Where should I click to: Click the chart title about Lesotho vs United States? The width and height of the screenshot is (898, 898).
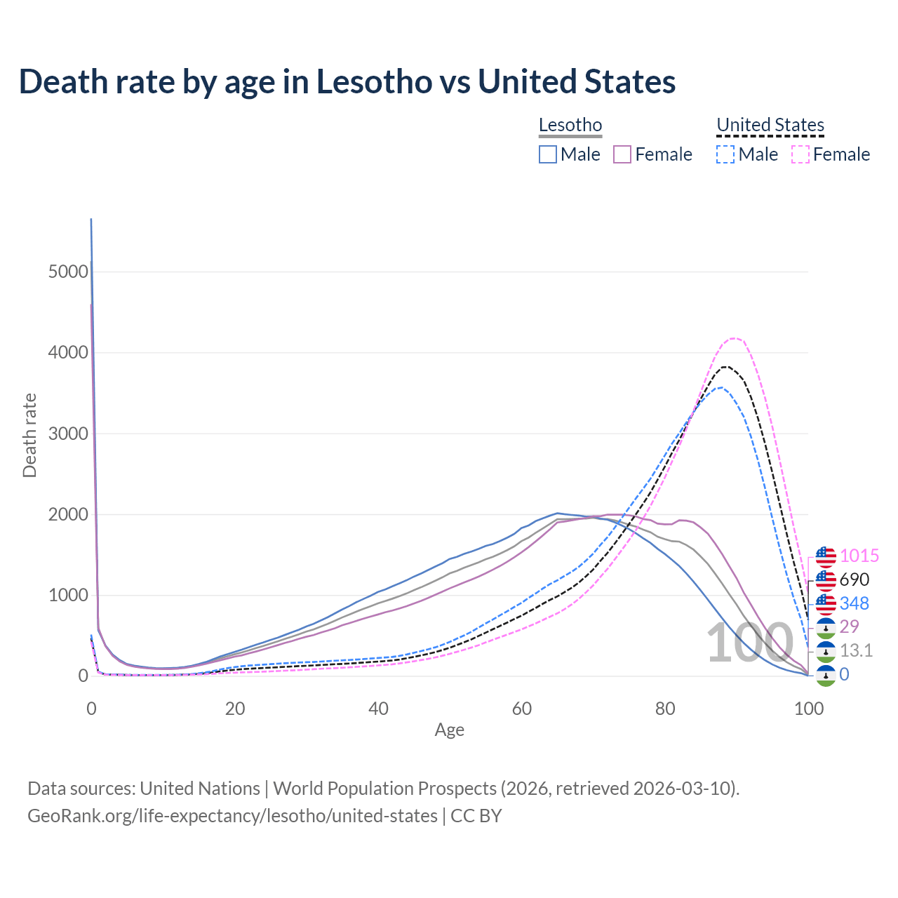[347, 81]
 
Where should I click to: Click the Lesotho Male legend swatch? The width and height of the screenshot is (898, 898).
[548, 154]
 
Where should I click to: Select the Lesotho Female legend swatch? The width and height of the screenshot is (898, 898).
[622, 154]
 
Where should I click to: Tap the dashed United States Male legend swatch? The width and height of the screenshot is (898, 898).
[725, 154]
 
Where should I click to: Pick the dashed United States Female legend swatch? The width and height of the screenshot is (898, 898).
[800, 154]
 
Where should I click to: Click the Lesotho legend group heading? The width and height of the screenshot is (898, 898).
[570, 126]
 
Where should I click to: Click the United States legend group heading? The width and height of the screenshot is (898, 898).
[770, 126]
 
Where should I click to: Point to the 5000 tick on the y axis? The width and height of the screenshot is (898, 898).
[68, 272]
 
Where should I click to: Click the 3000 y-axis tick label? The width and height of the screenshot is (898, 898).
[68, 434]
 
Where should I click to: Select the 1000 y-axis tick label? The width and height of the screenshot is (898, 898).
[68, 596]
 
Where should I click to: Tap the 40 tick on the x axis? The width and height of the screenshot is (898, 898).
[378, 709]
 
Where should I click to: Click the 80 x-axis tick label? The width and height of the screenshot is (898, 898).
[665, 709]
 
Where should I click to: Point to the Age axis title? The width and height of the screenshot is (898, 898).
[449, 730]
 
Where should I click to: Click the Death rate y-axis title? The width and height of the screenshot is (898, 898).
[29, 435]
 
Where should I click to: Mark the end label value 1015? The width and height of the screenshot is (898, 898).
[859, 556]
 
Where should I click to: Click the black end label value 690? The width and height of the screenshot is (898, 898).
[854, 580]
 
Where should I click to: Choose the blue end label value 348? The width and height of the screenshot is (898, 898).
[854, 603]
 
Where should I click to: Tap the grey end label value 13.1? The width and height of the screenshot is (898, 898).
[856, 650]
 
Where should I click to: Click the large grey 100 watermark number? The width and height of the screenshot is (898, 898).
[749, 643]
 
